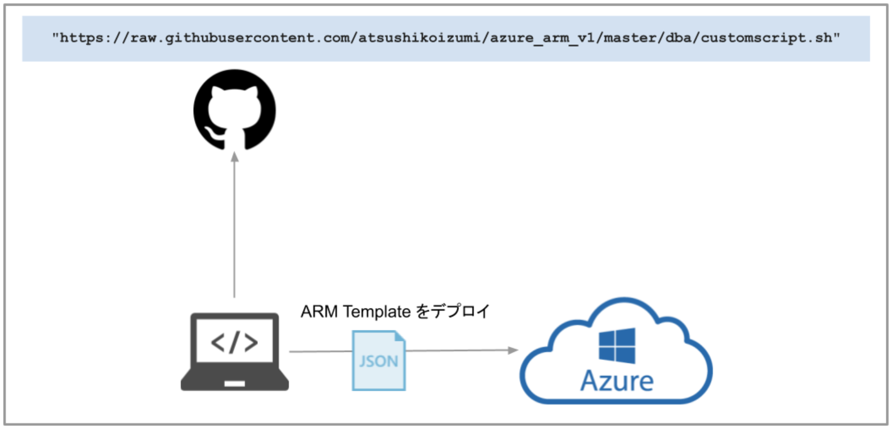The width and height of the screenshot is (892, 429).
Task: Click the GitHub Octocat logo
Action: tap(235, 110)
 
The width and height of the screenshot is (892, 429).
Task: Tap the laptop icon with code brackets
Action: tap(235, 352)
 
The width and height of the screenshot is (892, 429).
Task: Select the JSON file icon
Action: tap(378, 360)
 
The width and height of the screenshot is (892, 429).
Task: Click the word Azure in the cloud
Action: tap(617, 381)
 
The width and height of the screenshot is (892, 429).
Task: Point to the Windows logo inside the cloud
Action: tap(617, 346)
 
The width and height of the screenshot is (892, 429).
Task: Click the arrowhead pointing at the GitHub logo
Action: tap(235, 157)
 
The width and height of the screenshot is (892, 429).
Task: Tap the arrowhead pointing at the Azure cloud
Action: tap(512, 350)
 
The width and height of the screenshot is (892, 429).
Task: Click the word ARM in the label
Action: tap(319, 311)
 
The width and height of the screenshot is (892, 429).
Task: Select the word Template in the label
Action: tap(377, 311)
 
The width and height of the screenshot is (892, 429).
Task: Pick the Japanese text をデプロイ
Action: tap(453, 311)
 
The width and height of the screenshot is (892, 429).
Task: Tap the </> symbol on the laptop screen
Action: tap(234, 342)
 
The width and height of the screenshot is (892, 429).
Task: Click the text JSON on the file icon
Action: tap(378, 361)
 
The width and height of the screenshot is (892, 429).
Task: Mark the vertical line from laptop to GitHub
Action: tap(234, 231)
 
